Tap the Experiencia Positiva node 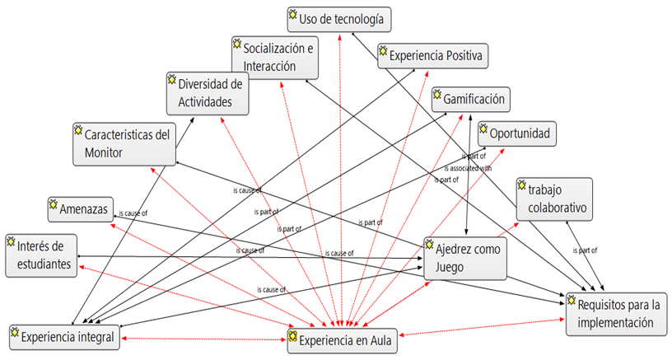[x=434, y=55]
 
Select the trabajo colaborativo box [x=554, y=199]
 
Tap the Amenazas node [x=79, y=208]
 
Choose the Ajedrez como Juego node [x=464, y=258]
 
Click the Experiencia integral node [x=65, y=336]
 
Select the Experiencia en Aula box [x=342, y=338]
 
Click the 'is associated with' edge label [x=471, y=166]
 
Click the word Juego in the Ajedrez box [x=450, y=268]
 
